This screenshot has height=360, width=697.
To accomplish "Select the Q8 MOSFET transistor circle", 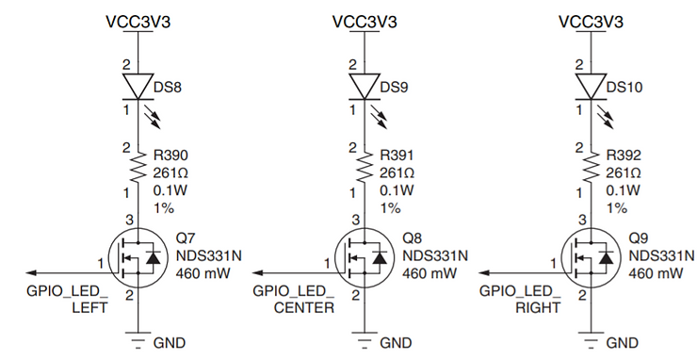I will pyautogui.click(x=360, y=256).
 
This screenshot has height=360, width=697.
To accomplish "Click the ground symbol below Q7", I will pyautogui.click(x=138, y=340).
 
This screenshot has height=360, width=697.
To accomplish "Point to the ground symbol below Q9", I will pyautogui.click(x=591, y=340).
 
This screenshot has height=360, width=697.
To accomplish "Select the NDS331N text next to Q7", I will pyautogui.click(x=209, y=254).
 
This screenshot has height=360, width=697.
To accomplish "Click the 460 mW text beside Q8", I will pyautogui.click(x=430, y=272).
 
